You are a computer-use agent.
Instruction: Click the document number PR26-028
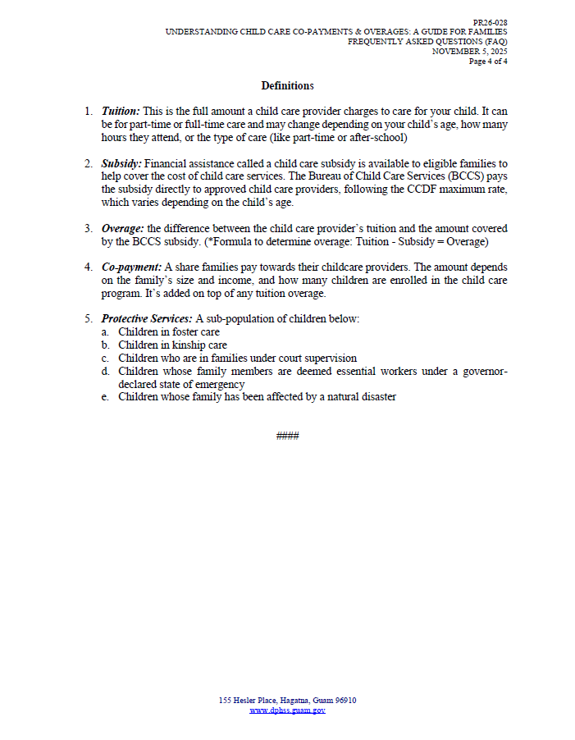[x=490, y=22]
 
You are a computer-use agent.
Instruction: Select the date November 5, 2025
[x=470, y=51]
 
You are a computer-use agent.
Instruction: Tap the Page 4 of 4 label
[x=488, y=61]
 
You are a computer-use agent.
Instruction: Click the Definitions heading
[x=287, y=86]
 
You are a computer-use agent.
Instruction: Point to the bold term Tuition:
[x=121, y=110]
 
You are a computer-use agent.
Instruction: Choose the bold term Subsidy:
[x=121, y=164]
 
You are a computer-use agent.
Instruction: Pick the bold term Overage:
[x=123, y=228]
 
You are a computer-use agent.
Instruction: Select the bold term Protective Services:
[x=147, y=318]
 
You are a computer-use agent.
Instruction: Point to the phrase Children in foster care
[x=168, y=332]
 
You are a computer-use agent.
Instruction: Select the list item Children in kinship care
[x=172, y=345]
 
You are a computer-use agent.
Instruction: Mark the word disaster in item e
[x=376, y=397]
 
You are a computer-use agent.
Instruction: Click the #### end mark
[x=287, y=436]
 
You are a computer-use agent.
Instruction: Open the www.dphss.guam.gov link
[x=287, y=710]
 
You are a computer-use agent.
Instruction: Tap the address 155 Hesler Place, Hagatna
[x=262, y=701]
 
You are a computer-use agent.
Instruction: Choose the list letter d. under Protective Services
[x=106, y=371]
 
